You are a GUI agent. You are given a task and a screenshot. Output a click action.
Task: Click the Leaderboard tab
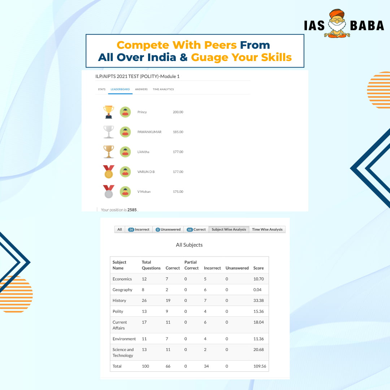click(120, 89)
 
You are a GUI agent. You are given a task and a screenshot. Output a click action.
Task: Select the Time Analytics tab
click(163, 89)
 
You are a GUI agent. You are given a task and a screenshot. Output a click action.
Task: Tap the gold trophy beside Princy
click(109, 112)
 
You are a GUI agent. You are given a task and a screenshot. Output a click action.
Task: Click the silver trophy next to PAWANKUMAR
click(109, 132)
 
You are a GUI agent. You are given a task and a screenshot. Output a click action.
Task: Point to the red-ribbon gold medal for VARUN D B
click(109, 172)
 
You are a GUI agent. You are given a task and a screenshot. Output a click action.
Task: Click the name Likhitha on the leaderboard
click(143, 152)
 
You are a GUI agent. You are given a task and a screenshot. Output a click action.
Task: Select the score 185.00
click(178, 132)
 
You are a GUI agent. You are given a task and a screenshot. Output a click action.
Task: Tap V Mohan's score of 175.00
click(178, 191)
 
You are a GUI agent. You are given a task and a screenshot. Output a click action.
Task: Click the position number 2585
click(132, 210)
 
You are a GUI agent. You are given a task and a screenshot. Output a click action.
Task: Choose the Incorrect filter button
click(139, 229)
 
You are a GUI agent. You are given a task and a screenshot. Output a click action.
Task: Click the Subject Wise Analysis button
click(229, 229)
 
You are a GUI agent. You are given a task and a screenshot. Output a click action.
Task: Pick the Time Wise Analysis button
click(267, 229)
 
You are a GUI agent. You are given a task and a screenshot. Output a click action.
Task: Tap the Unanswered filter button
click(168, 229)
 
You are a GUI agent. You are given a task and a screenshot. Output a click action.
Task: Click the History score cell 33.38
click(259, 300)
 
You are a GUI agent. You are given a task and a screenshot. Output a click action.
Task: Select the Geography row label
click(122, 290)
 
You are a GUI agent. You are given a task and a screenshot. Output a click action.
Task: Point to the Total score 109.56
click(260, 366)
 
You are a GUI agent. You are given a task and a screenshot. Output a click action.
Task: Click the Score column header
click(259, 268)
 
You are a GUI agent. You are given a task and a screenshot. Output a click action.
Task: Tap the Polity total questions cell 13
click(144, 311)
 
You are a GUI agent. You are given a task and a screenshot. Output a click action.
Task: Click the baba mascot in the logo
click(337, 23)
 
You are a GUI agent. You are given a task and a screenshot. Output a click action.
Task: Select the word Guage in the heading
click(210, 57)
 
